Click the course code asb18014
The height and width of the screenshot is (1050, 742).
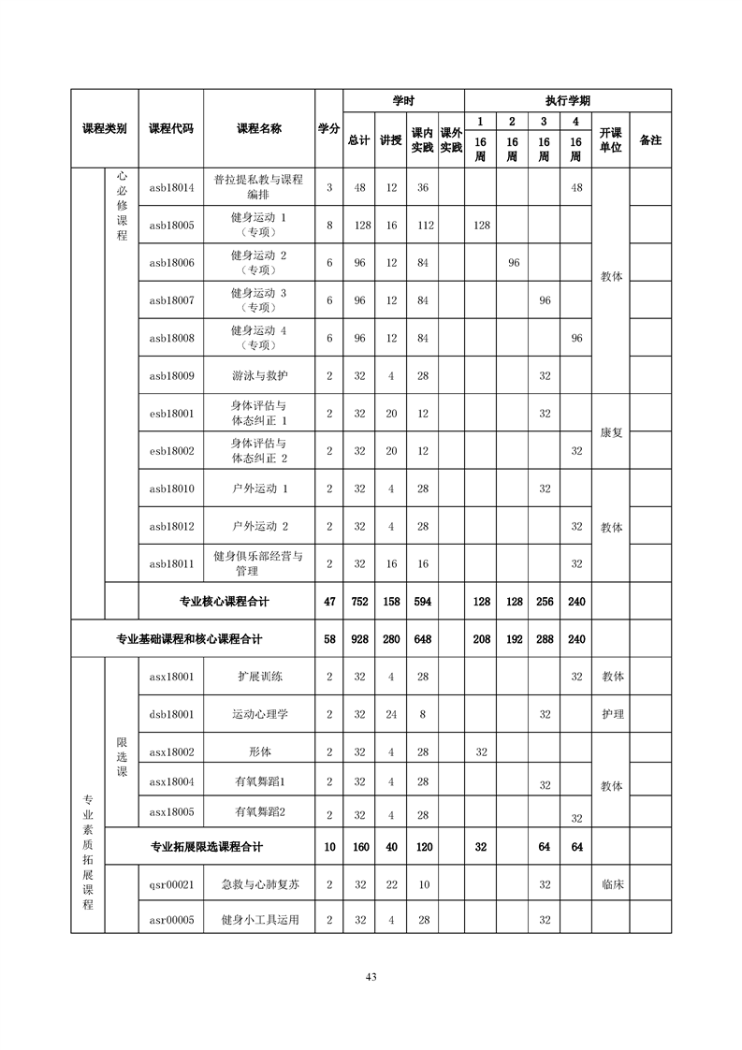pos(171,187)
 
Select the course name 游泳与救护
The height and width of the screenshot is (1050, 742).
pos(259,376)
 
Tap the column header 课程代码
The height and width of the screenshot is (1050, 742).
pos(171,128)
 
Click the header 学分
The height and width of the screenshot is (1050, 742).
pos(328,128)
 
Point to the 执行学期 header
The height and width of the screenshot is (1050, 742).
pos(567,100)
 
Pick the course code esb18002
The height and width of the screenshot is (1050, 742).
pos(171,451)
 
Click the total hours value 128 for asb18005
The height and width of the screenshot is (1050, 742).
pos(358,226)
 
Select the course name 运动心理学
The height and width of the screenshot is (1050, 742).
pos(259,714)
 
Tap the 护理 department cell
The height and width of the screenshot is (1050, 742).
pos(612,714)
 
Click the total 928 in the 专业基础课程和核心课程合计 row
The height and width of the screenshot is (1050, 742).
pos(358,639)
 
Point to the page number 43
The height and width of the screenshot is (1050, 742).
pos(371,977)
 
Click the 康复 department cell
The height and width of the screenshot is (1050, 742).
pos(612,432)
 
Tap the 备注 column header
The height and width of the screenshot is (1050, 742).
pos(649,139)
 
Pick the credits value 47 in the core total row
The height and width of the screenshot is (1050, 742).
pos(328,602)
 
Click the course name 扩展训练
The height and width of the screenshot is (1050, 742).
pos(259,677)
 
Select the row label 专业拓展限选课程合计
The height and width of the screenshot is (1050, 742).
pos(207,847)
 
